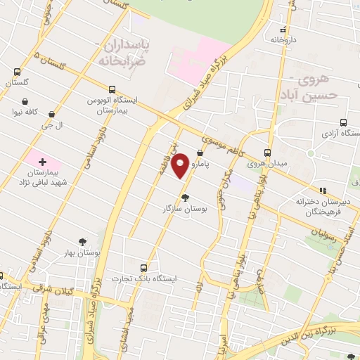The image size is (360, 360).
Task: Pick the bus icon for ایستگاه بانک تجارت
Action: pos(144,268)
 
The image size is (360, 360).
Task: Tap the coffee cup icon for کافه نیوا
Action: pos(51,112)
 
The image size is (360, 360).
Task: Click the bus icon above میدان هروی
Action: pos(267,153)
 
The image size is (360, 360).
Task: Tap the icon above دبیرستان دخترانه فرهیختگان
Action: pos(323,190)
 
